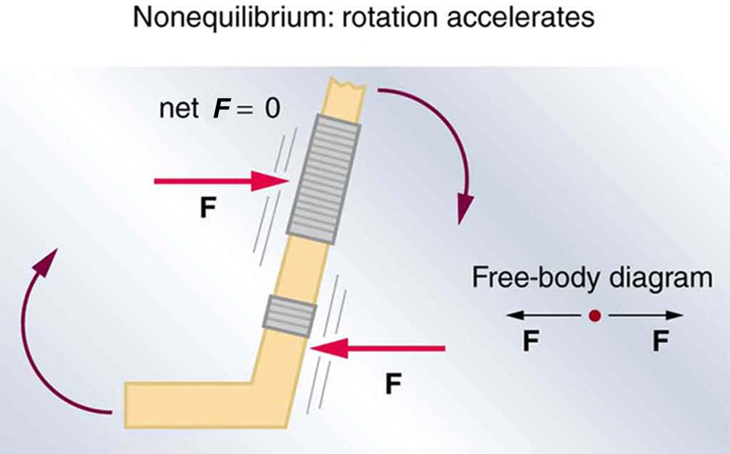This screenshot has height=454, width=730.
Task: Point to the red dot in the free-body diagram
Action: coord(594,316)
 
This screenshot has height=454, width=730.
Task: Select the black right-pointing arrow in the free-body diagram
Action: coord(646,316)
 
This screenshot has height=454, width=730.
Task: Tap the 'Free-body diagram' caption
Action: coord(592,277)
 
